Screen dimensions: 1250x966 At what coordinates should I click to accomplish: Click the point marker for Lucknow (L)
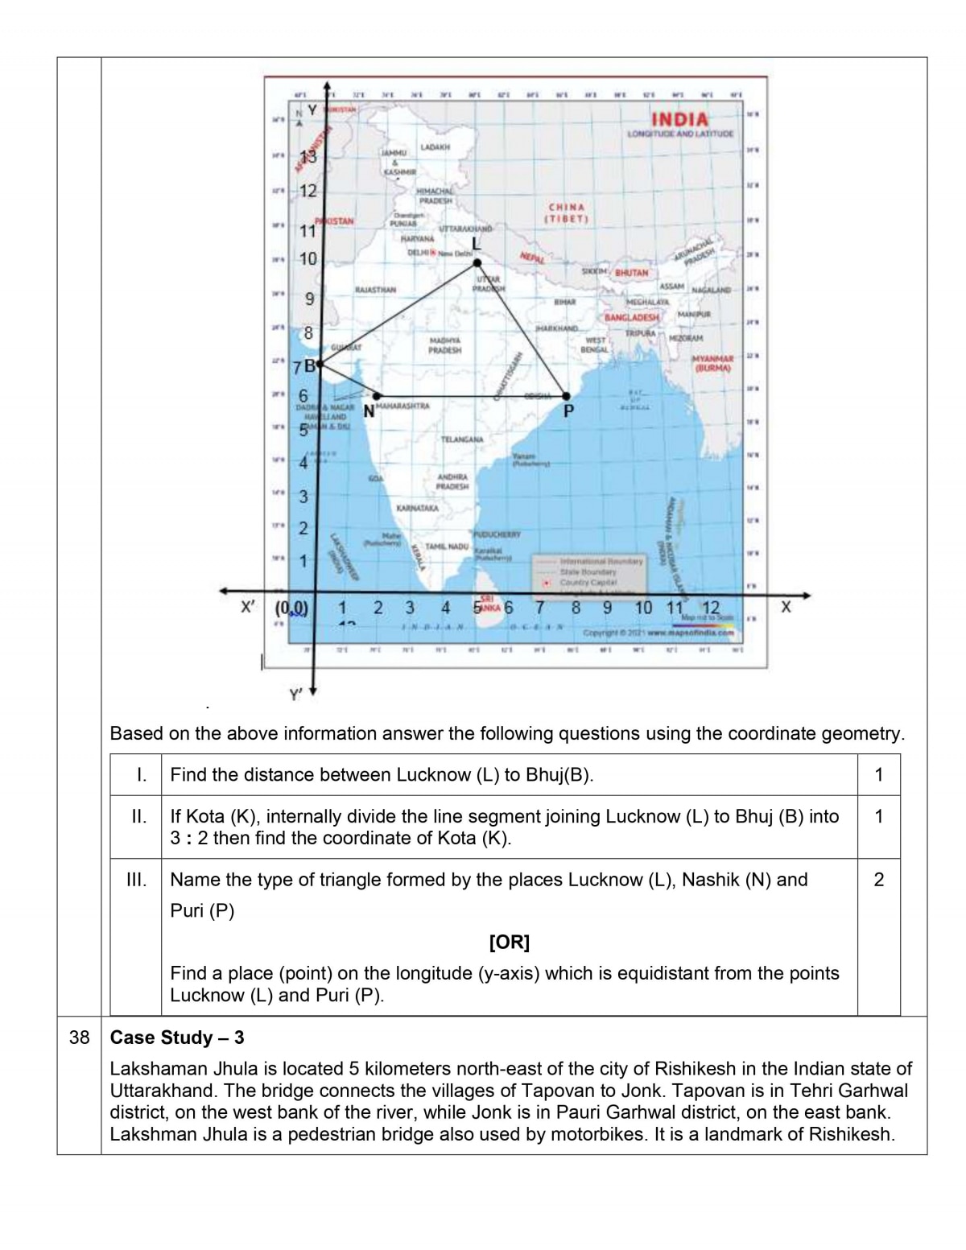tap(477, 262)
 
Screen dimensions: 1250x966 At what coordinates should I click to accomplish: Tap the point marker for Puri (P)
tap(567, 395)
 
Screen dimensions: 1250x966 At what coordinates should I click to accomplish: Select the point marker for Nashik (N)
tap(377, 395)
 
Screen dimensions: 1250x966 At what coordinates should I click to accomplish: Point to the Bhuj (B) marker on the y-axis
tap(320, 365)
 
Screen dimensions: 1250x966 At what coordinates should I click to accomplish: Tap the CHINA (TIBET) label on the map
tap(567, 212)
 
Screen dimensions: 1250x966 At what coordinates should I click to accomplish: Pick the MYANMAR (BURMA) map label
tap(712, 363)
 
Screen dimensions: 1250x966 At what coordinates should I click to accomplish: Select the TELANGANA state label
tap(462, 439)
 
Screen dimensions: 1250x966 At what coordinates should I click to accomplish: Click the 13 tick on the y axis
tap(308, 158)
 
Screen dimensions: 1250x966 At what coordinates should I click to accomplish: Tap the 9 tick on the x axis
tap(607, 608)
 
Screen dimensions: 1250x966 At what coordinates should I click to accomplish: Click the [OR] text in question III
tap(509, 942)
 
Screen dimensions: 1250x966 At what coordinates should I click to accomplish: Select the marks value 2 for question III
tap(878, 880)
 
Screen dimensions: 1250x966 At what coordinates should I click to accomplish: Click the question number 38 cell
tap(79, 1038)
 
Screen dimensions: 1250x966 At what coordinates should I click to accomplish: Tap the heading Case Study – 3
tap(176, 1038)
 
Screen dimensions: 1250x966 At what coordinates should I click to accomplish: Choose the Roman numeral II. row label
tap(138, 816)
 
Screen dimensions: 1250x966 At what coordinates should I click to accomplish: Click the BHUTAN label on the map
tap(632, 273)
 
